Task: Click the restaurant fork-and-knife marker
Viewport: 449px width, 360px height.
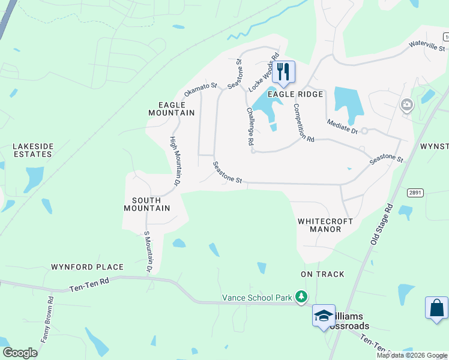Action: point(283,72)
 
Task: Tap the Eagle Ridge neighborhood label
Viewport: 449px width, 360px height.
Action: point(295,94)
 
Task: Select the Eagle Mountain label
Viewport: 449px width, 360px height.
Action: point(172,108)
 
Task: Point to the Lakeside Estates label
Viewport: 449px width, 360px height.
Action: point(34,150)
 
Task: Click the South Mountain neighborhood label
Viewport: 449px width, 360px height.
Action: point(146,204)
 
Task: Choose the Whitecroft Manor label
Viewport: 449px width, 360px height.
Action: point(325,225)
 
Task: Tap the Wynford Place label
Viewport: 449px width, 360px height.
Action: point(87,267)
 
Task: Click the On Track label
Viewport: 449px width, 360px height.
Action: point(322,274)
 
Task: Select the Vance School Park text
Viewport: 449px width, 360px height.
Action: point(256,297)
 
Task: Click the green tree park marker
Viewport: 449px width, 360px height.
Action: point(301,297)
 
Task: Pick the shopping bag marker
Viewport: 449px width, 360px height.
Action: point(436,308)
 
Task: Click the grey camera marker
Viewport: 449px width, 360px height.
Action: point(407,106)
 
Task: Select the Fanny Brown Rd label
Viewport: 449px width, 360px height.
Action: point(47,319)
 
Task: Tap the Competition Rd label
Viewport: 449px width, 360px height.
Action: point(304,122)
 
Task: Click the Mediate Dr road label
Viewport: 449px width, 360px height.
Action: point(342,126)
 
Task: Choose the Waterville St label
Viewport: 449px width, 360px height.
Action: point(424,41)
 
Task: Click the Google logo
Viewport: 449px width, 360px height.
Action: point(20,353)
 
